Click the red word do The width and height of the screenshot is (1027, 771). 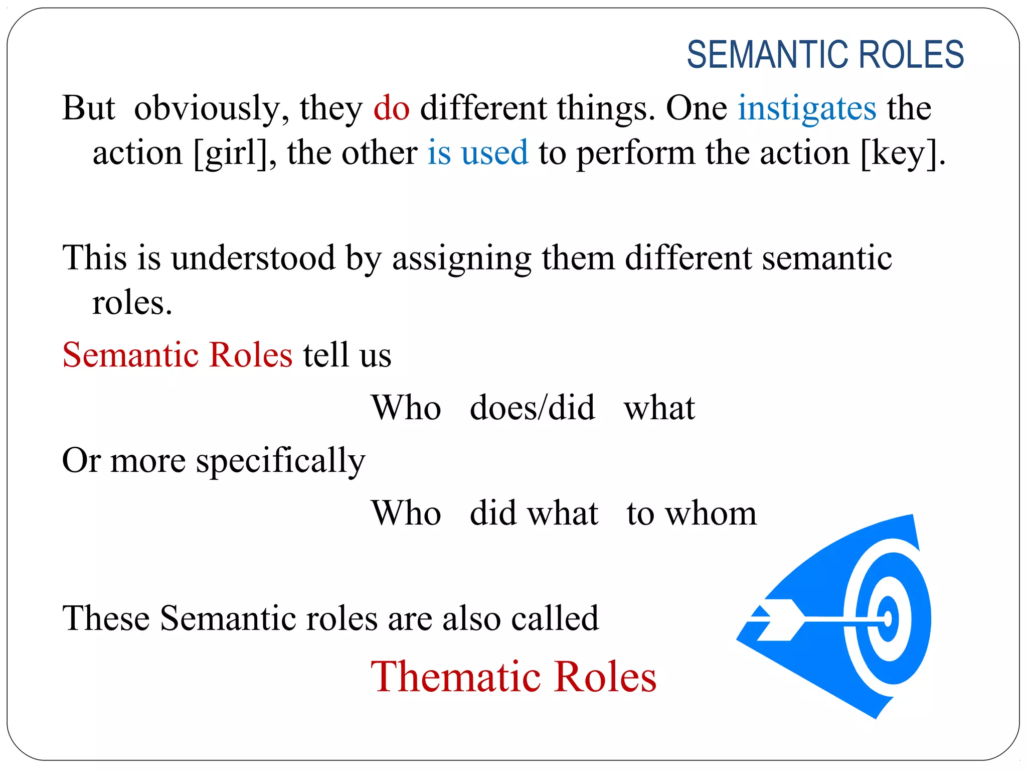pyautogui.click(x=391, y=108)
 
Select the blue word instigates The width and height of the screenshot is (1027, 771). pyautogui.click(x=807, y=109)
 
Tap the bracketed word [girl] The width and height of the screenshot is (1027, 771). pyautogui.click(x=234, y=154)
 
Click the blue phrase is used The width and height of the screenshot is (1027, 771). pyautogui.click(x=477, y=153)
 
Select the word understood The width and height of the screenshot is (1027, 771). pyautogui.click(x=253, y=258)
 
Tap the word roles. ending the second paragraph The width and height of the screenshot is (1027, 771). pyautogui.click(x=132, y=304)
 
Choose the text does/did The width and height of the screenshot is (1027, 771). pyautogui.click(x=532, y=408)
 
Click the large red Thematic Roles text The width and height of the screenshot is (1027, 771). pyautogui.click(x=513, y=677)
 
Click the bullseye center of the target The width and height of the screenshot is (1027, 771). pyautogui.click(x=888, y=619)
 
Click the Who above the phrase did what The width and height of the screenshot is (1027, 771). pyautogui.click(x=406, y=513)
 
